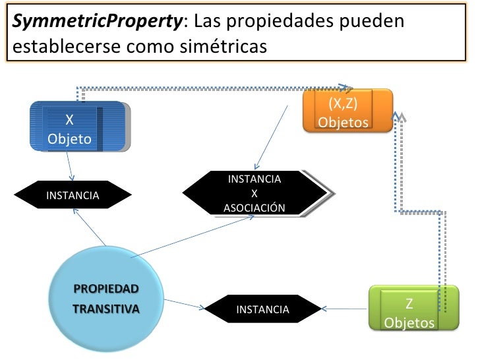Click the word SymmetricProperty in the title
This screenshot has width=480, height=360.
[98, 22]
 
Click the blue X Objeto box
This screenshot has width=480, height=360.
[78, 127]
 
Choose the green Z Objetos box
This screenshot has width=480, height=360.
[413, 307]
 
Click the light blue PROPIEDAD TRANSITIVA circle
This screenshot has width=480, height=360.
[108, 297]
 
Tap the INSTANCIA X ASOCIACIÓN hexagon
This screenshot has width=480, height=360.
[255, 193]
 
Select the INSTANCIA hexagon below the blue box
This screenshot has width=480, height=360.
[73, 195]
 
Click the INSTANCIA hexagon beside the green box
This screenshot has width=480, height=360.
[262, 309]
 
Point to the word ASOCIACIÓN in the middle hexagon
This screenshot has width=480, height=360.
[255, 208]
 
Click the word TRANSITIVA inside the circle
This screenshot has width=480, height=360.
[106, 309]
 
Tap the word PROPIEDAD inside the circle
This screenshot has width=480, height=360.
[106, 289]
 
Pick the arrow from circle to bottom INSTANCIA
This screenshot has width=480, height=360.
[185, 304]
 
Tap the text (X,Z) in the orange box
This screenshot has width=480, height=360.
[343, 104]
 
